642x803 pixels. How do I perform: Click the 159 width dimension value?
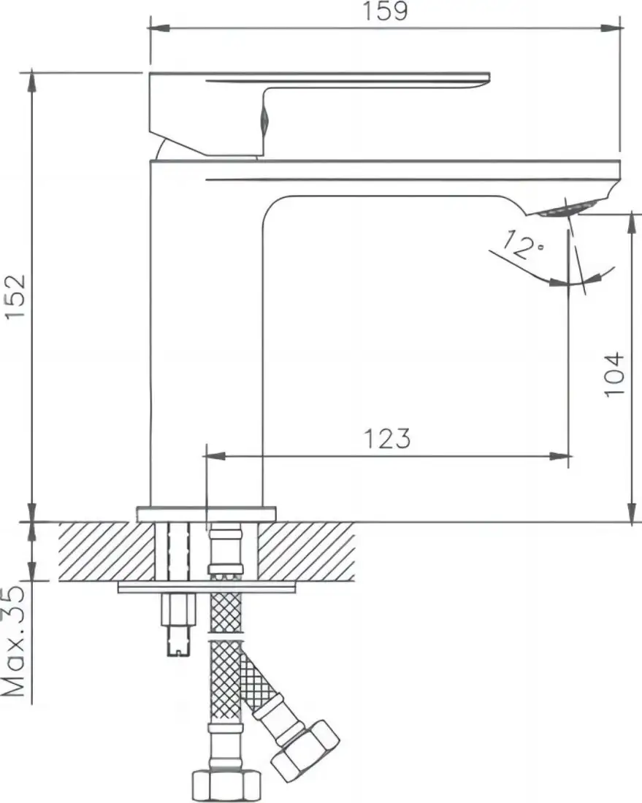tap(386, 12)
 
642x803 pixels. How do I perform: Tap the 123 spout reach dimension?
tap(386, 438)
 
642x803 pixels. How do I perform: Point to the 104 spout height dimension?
tap(615, 374)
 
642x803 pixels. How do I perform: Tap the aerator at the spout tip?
tap(562, 210)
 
